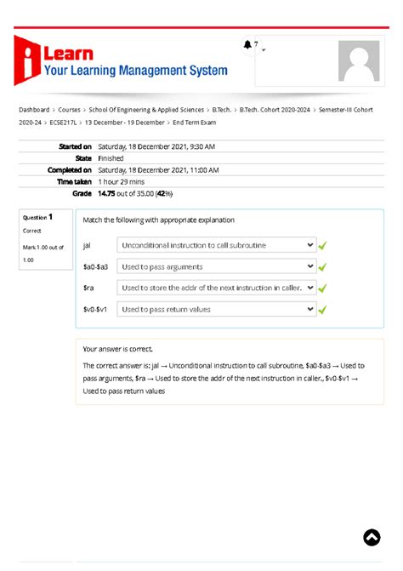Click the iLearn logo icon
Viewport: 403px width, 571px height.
(x=28, y=60)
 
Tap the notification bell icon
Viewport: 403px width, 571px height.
(x=247, y=45)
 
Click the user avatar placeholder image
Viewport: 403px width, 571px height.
(x=359, y=61)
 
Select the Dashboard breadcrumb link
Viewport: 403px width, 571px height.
(x=34, y=110)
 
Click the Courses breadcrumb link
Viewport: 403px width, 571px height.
(x=69, y=110)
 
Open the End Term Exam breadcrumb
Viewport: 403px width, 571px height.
(x=196, y=123)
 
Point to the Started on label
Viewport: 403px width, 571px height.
(x=75, y=146)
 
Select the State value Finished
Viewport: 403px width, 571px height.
(x=111, y=158)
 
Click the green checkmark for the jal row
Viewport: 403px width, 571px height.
(x=323, y=246)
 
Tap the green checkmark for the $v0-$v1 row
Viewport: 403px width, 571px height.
(x=323, y=310)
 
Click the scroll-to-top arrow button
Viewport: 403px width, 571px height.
(x=372, y=537)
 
